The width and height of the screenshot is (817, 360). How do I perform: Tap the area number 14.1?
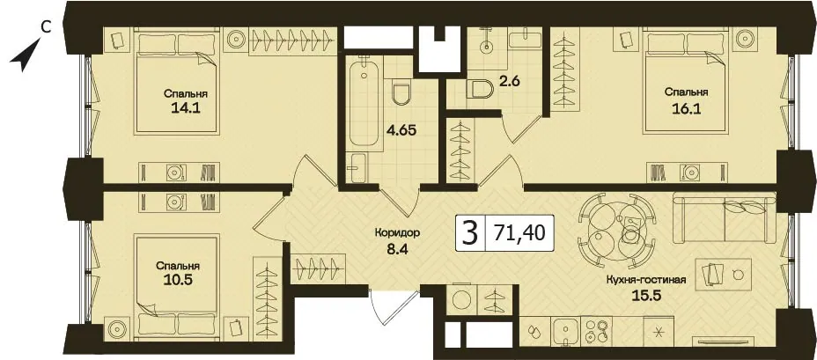(186, 108)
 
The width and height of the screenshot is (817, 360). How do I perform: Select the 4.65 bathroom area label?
(402, 129)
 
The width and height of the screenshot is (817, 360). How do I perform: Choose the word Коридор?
(397, 233)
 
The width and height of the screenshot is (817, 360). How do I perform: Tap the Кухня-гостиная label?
(645, 280)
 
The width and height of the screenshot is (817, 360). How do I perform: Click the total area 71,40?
(519, 233)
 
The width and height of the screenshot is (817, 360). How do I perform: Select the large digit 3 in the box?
(470, 233)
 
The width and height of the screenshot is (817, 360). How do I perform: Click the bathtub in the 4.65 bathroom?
(364, 104)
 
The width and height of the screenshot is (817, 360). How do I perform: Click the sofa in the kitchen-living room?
(725, 217)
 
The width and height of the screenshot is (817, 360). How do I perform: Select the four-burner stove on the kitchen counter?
(597, 330)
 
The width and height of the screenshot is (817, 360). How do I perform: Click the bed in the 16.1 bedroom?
(686, 81)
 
